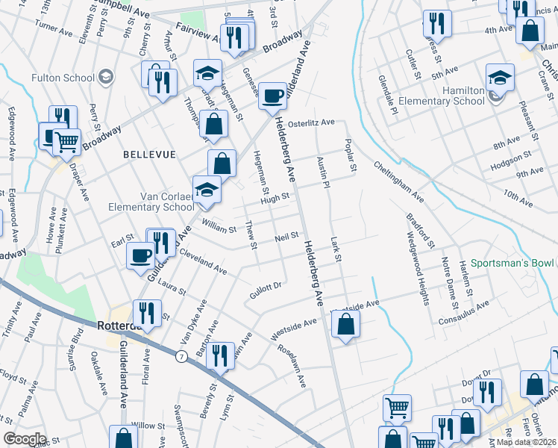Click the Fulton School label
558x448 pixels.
click(63, 78)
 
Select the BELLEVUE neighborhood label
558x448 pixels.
click(150, 154)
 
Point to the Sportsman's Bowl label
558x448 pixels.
click(511, 264)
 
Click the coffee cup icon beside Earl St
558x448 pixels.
click(139, 255)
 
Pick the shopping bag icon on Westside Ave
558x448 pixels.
click(345, 323)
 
